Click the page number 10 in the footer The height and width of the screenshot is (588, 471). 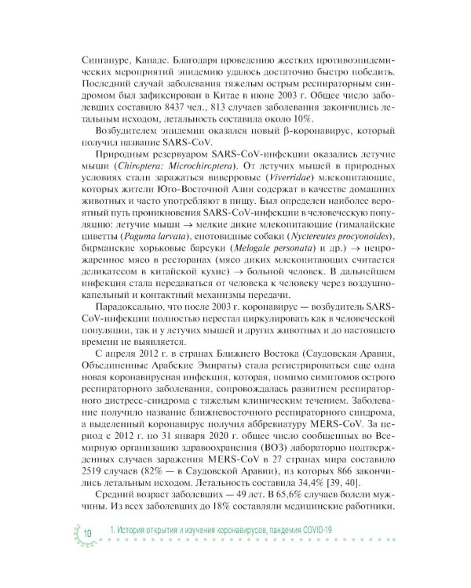(87, 532)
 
